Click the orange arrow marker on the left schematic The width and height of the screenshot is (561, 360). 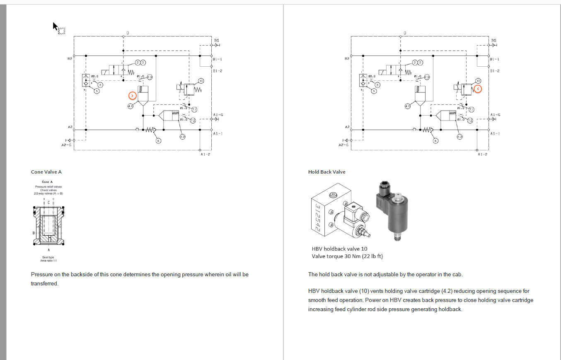pos(132,96)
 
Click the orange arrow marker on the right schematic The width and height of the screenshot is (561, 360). pos(478,89)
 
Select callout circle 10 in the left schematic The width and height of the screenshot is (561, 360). pos(201,81)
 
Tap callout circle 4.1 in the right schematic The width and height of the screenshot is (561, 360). pos(407,106)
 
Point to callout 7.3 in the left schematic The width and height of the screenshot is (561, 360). pos(150,77)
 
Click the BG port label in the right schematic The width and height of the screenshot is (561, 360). pos(493,40)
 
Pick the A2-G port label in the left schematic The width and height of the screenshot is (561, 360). pos(66,145)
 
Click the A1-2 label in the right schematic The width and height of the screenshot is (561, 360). pos(483,155)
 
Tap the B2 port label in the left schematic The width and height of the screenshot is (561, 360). pos(70,59)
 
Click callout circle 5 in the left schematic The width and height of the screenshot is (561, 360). pos(97,91)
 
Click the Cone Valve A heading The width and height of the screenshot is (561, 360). pos(46,172)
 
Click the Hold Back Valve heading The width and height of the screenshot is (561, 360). pos(326,172)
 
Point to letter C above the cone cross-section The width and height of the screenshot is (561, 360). pos(48,202)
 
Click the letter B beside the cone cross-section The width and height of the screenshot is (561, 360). pos(34,233)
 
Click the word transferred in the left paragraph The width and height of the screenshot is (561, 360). pos(45,284)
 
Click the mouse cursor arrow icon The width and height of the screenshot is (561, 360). pos(55,26)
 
